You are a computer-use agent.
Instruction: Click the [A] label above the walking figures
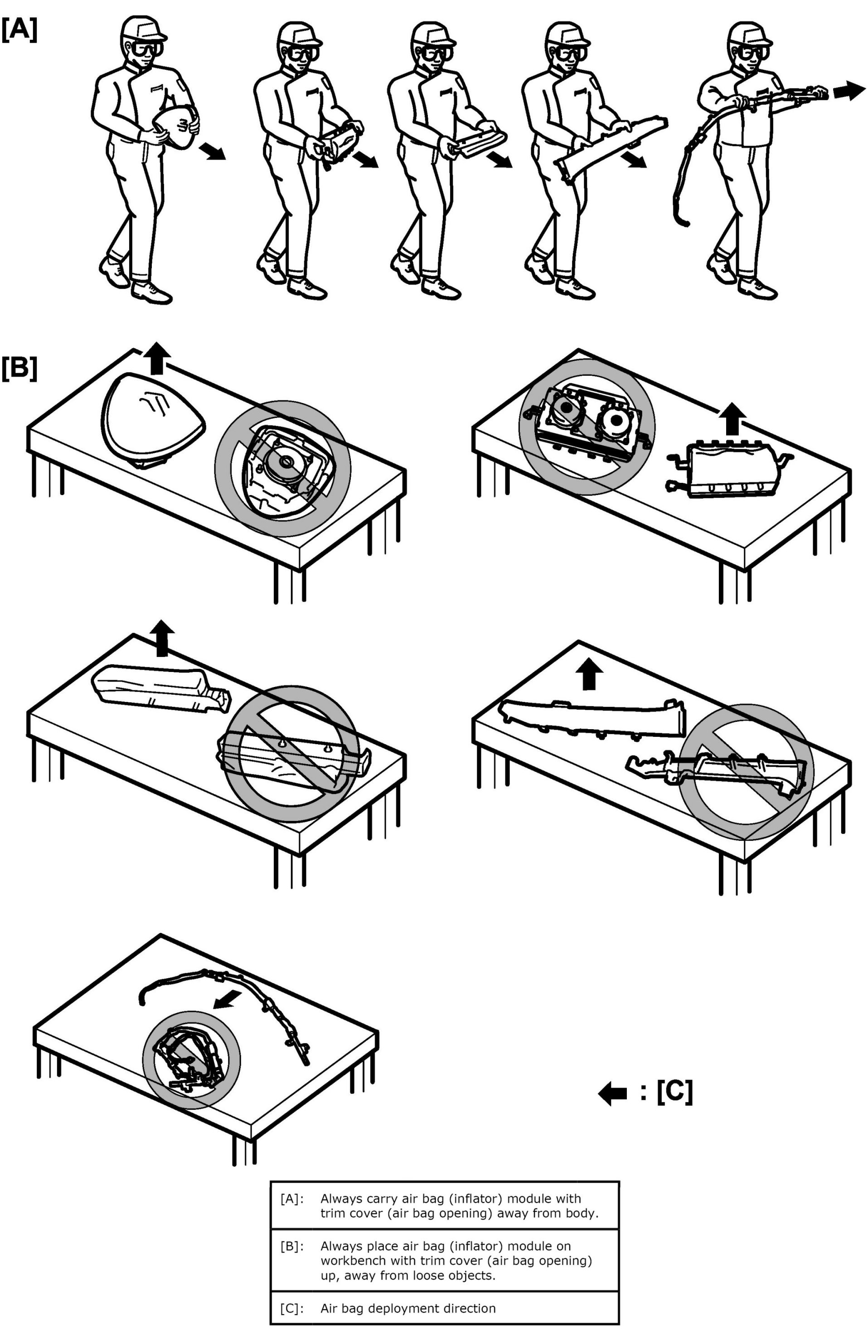[x=19, y=29]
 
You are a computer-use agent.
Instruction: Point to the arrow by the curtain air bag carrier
[x=849, y=90]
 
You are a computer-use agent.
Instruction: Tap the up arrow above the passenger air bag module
[x=732, y=419]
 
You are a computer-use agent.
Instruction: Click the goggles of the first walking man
[x=147, y=48]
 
